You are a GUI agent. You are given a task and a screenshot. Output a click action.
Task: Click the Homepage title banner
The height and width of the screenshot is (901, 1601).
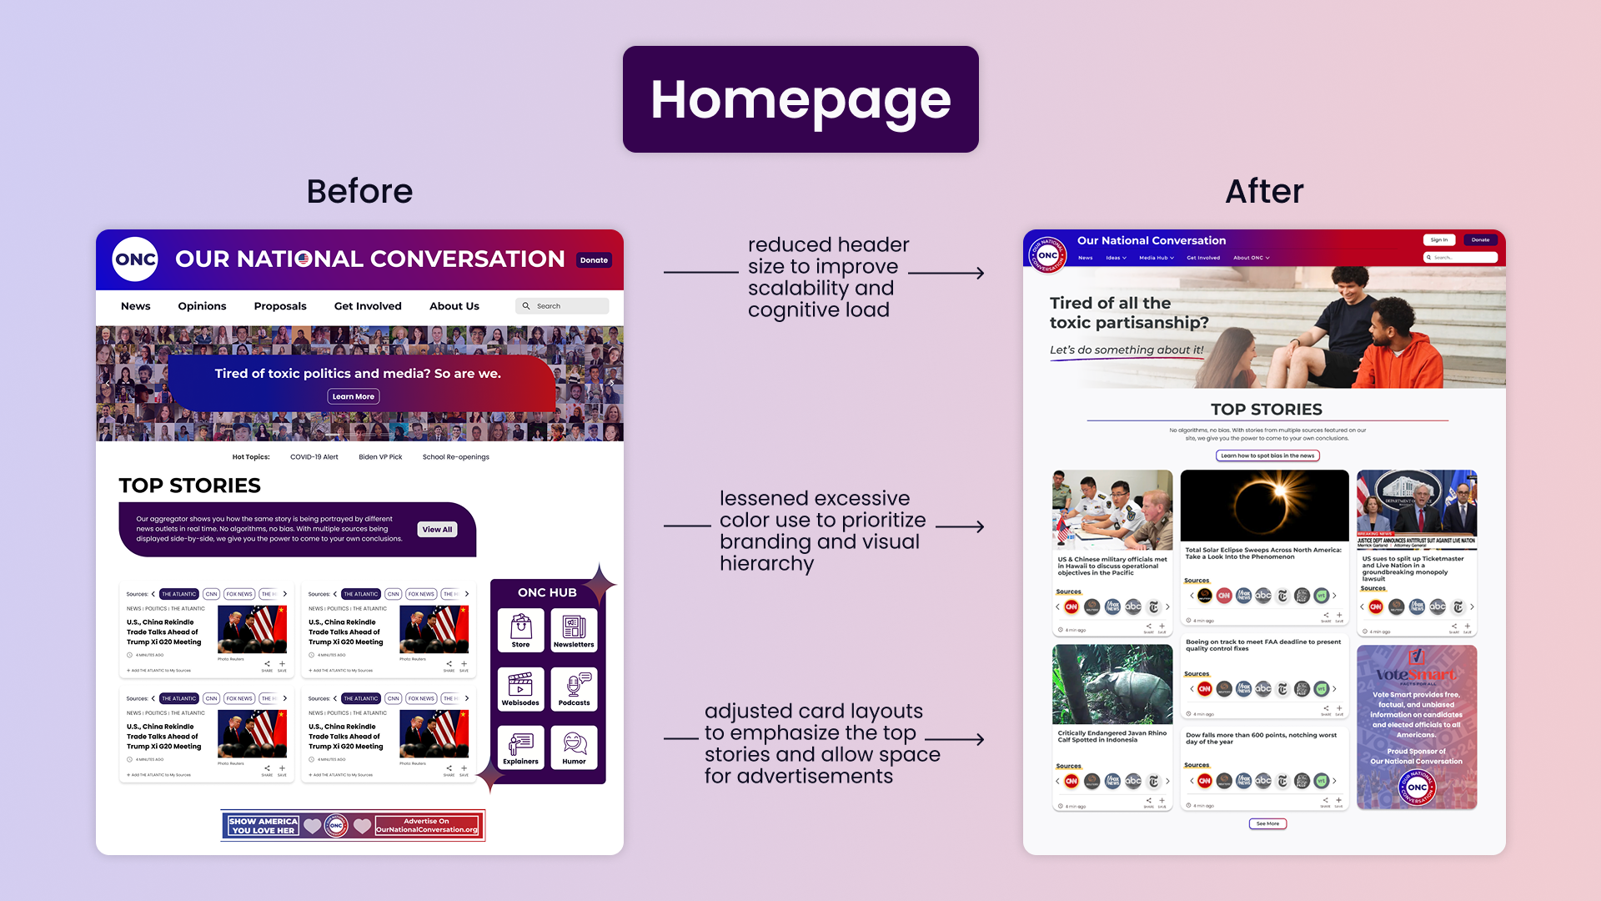tap(800, 99)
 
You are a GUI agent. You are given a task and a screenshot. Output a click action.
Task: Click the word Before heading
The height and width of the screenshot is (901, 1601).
tap(359, 192)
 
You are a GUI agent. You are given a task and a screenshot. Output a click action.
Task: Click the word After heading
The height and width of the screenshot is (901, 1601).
tap(1263, 192)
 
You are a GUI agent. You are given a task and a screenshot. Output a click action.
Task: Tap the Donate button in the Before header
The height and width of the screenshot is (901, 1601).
tap(594, 260)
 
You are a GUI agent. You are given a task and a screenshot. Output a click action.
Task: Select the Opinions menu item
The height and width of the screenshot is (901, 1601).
tap(202, 306)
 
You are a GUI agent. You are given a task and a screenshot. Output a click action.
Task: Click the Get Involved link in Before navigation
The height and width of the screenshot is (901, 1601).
tap(368, 306)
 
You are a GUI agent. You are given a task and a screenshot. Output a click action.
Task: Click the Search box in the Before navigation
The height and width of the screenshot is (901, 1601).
tap(563, 306)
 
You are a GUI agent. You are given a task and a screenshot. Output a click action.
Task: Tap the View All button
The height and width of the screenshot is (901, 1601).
tap(437, 530)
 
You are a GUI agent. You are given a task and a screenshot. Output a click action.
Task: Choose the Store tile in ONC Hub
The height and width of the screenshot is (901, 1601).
tap(520, 630)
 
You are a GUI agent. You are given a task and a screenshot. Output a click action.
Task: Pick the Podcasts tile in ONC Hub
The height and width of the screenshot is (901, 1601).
tap(574, 688)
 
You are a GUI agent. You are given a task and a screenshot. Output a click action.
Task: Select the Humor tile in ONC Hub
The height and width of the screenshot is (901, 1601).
tap(574, 747)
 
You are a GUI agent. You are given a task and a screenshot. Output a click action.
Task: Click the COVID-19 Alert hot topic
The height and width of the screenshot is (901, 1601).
tap(314, 457)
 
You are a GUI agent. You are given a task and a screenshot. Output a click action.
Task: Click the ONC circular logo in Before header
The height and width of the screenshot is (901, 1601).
tap(135, 259)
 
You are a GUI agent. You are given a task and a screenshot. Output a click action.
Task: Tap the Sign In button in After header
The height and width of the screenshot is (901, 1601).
tap(1438, 240)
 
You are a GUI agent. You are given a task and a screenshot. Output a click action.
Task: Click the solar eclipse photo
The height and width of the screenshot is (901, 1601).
tap(1264, 506)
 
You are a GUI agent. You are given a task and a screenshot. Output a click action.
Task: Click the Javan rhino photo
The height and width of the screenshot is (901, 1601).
tap(1112, 684)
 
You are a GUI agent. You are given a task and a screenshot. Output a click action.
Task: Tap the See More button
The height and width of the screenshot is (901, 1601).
tap(1267, 823)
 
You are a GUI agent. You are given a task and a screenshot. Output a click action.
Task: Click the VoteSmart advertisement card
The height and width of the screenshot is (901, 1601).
tap(1416, 726)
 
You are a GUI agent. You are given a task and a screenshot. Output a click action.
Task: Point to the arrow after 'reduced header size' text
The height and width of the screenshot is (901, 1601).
tap(947, 273)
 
